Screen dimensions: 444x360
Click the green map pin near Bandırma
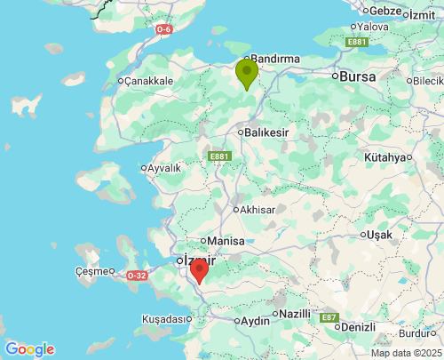[x=246, y=72]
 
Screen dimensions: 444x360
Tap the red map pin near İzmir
[x=200, y=269]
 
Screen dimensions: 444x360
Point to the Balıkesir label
[x=268, y=132]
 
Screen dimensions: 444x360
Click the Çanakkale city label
[x=148, y=81]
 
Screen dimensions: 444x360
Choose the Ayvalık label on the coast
[x=164, y=167]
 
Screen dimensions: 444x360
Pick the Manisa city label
[x=225, y=241]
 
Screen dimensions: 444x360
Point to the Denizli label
[x=358, y=327]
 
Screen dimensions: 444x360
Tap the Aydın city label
[x=255, y=320]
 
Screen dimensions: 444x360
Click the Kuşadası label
[x=167, y=318]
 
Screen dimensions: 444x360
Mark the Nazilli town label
[x=295, y=314]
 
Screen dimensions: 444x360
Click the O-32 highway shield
[x=137, y=276]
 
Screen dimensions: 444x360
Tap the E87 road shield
[x=329, y=317]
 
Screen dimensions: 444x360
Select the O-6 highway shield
[x=163, y=29]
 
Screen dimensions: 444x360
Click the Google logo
[x=29, y=349]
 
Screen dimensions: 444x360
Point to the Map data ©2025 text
[x=405, y=353]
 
